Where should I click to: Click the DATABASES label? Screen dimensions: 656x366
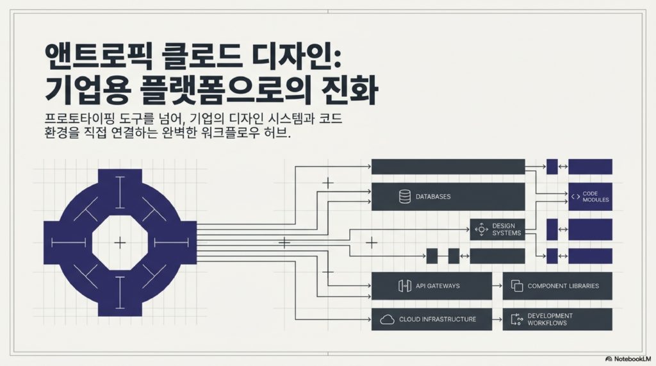433,196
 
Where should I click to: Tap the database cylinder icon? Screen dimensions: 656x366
405,196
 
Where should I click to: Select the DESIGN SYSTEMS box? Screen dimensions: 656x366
497,229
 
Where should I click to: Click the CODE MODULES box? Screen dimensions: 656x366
590,196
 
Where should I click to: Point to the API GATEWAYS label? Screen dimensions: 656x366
438,286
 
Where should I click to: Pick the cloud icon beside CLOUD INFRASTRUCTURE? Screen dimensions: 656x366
387,319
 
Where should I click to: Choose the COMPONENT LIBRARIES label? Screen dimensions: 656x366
563,286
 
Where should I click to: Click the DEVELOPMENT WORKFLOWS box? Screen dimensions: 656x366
557,319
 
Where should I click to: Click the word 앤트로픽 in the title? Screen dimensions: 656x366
98,56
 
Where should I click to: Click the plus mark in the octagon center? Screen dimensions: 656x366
120,242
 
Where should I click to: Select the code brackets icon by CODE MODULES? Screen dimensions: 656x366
576,196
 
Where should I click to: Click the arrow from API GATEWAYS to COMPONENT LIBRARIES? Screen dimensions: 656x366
497,286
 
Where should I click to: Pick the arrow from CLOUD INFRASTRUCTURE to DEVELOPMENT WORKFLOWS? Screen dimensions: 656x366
497,319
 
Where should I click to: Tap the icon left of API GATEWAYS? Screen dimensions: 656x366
405,286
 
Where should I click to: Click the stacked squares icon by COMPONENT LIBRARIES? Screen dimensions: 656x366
517,286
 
